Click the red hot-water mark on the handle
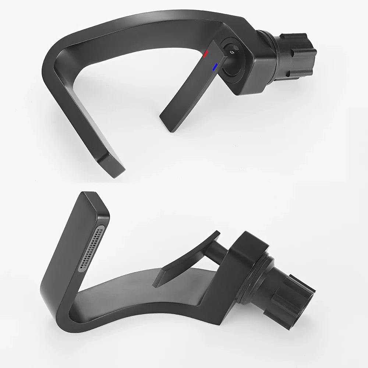206,54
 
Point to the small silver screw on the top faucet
232,53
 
